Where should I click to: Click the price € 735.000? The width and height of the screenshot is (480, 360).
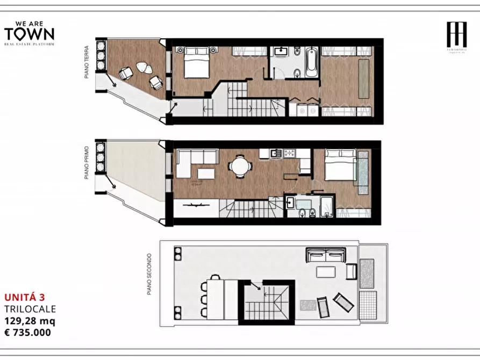point(27,332)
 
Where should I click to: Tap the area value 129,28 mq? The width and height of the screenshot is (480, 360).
point(29,320)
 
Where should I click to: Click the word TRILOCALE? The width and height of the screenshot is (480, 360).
point(30,308)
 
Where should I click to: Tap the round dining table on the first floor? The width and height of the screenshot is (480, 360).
point(239,166)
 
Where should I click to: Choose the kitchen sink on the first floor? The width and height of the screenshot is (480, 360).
point(276,154)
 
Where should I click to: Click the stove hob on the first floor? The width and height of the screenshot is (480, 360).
point(290,154)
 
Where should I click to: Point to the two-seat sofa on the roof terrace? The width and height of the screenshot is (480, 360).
point(325,254)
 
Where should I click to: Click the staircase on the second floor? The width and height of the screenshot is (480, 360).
point(267,303)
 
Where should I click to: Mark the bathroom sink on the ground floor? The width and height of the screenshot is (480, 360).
point(281,52)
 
